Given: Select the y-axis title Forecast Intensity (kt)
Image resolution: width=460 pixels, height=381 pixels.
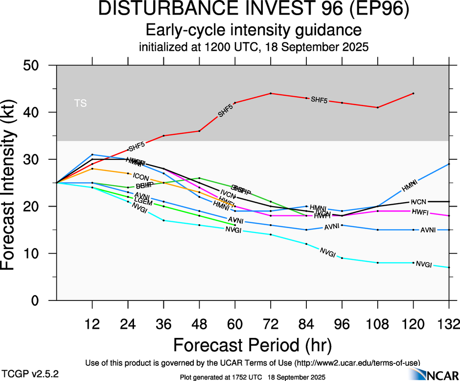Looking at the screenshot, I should pos(13,182).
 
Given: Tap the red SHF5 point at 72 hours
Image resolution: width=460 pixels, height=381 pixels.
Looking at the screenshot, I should pos(271,93).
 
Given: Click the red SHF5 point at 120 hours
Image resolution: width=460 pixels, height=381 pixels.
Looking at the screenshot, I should pos(414,93).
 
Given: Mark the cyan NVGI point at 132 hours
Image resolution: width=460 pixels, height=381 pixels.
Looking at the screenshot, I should pos(449,268).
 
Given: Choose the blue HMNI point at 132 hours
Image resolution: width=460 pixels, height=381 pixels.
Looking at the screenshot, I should pos(449,164).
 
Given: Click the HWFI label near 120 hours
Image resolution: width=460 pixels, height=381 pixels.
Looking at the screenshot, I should pos(420,212).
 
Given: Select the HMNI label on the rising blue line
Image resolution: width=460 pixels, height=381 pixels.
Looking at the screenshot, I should pos(410,185).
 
